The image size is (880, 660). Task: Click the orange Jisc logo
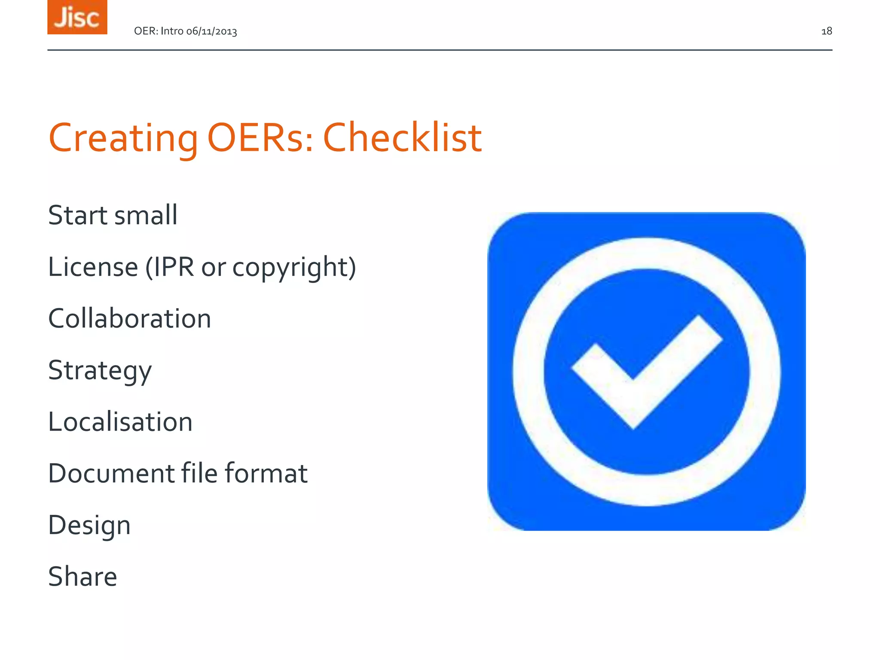[77, 17]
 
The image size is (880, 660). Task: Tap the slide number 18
[826, 31]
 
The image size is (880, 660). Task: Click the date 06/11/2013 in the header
[211, 31]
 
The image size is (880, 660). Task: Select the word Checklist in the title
[402, 138]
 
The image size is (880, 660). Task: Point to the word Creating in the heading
[123, 138]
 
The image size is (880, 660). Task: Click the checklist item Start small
[113, 215]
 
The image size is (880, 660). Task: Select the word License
[93, 267]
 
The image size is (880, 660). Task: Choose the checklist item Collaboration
[129, 318]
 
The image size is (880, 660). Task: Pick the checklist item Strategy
[100, 370]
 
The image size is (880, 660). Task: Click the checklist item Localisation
[120, 422]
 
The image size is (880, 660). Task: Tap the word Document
[111, 473]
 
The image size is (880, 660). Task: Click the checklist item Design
[89, 525]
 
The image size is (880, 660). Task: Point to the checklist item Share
[82, 577]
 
